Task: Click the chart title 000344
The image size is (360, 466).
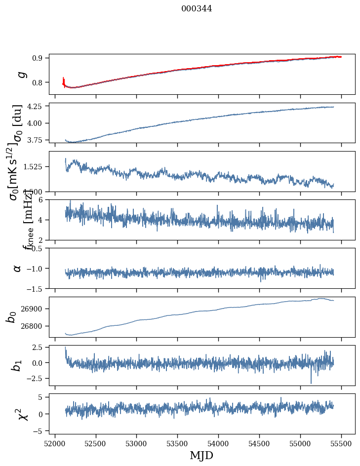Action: [197, 8]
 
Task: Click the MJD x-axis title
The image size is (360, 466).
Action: [201, 455]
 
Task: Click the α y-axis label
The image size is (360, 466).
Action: [17, 268]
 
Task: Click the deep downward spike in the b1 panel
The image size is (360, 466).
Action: [311, 382]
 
